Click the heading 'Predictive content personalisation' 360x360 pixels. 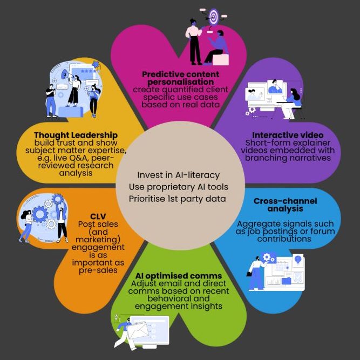[181, 77]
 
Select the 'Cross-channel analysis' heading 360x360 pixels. [286, 205]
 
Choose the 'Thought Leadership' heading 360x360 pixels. [76, 134]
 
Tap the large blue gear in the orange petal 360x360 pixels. [40, 215]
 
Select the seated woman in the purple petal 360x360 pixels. [292, 104]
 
